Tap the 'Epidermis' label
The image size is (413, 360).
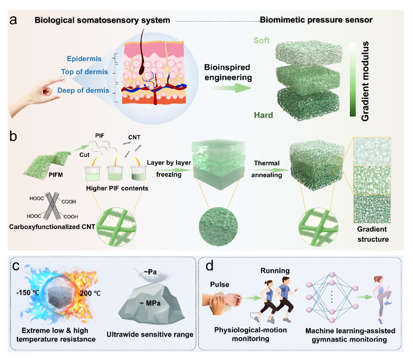click(84, 59)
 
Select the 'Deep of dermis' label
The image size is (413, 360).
click(83, 91)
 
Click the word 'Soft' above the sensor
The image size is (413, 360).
click(261, 40)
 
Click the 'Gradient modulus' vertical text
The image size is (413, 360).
click(365, 81)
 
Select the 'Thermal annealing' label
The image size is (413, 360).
click(268, 169)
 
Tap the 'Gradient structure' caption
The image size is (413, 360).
click(372, 234)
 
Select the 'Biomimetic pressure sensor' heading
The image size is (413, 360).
click(316, 20)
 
